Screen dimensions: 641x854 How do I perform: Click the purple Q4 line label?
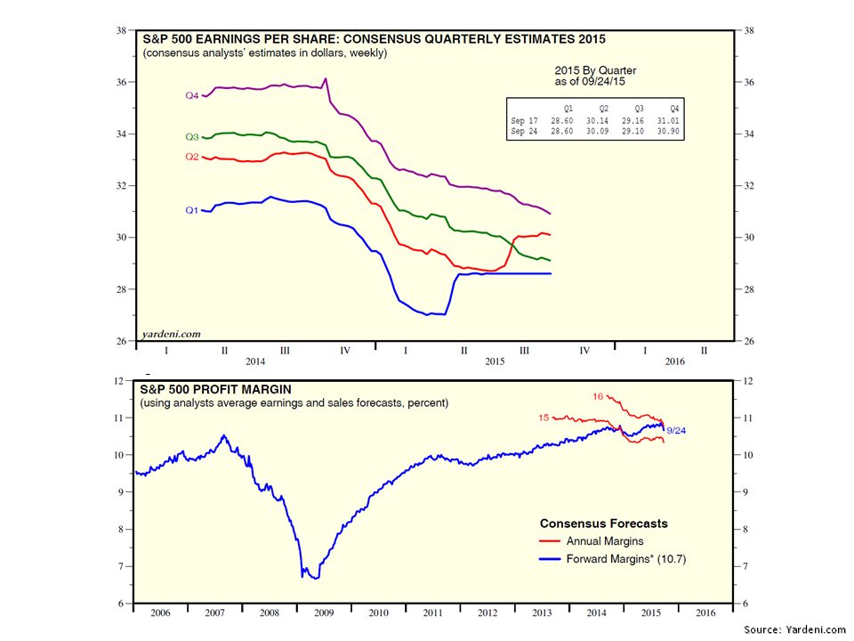[x=191, y=95]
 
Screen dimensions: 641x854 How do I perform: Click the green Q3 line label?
[x=191, y=137]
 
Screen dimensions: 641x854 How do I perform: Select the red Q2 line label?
[x=191, y=157]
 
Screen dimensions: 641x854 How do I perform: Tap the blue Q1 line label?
[x=191, y=210]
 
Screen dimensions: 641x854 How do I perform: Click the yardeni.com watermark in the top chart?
[x=171, y=335]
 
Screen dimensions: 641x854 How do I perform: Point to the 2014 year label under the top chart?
[x=255, y=362]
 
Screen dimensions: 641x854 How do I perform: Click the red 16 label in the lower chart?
[x=599, y=396]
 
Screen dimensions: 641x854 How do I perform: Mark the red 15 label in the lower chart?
[x=544, y=418]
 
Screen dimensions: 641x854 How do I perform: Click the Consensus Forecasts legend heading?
[x=604, y=523]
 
